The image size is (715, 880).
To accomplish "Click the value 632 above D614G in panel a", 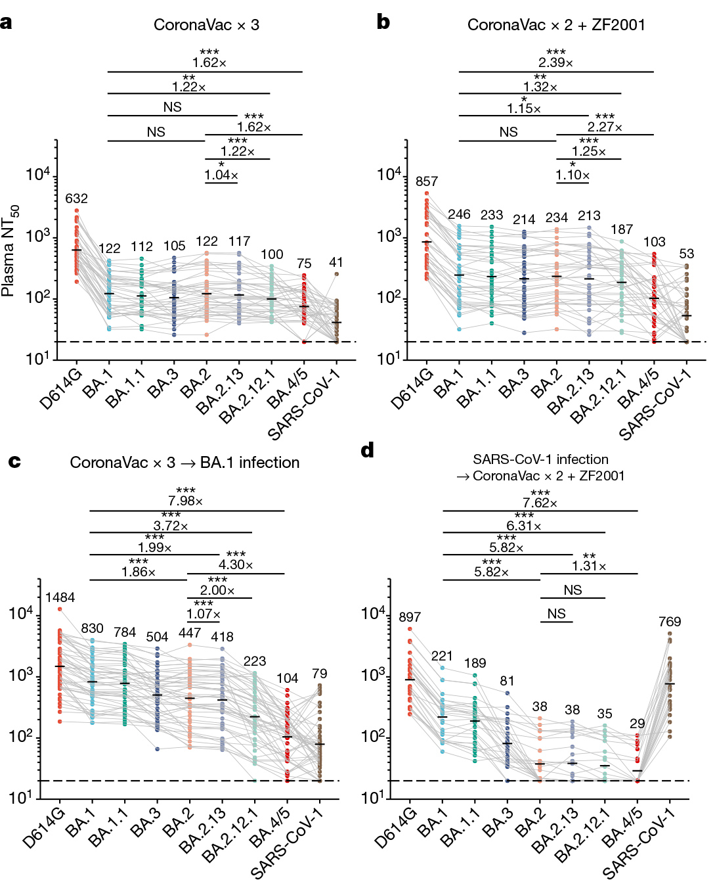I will [76, 198].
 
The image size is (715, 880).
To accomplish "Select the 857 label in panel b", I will [427, 181].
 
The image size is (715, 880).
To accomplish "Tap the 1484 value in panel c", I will [60, 597].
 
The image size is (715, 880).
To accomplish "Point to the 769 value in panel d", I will [670, 622].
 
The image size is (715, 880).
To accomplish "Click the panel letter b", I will [383, 22].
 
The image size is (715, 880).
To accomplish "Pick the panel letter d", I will [368, 450].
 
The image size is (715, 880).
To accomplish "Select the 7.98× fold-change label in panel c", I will [185, 501].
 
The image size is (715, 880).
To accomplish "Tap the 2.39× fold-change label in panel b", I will [555, 62].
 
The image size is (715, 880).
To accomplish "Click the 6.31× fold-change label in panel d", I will [524, 526].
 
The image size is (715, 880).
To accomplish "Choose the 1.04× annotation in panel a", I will [221, 175].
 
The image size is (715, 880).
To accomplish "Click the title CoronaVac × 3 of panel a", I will [206, 25].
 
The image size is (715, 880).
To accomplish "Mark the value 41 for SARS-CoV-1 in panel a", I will [336, 262].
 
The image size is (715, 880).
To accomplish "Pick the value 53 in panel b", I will [687, 254].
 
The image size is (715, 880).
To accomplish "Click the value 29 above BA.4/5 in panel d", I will [637, 724].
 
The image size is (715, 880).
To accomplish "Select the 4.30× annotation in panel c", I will [236, 565].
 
